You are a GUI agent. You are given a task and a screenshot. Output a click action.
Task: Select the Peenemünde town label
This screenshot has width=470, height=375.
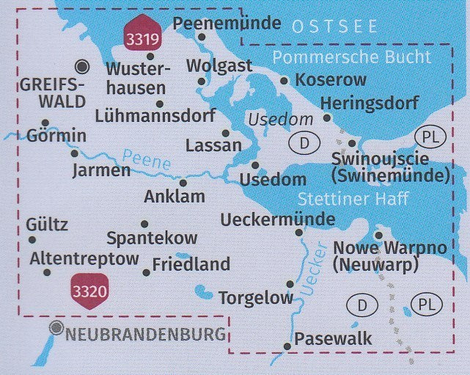pyautogui.click(x=227, y=23)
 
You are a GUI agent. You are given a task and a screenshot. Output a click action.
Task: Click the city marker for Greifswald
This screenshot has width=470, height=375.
pyautogui.click(x=83, y=67)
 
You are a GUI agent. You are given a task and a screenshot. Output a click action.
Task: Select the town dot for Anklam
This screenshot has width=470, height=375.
pyautogui.click(x=183, y=183)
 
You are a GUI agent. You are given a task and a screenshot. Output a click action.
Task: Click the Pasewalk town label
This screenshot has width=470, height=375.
pyautogui.click(x=333, y=338)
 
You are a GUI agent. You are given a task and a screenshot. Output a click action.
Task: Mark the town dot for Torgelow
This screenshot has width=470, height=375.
pyautogui.click(x=290, y=284)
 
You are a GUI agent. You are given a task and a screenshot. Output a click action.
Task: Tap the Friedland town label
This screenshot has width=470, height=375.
pyautogui.click(x=191, y=264)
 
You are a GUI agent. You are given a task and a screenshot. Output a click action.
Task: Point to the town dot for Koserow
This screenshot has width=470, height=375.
pyautogui.click(x=284, y=79)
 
